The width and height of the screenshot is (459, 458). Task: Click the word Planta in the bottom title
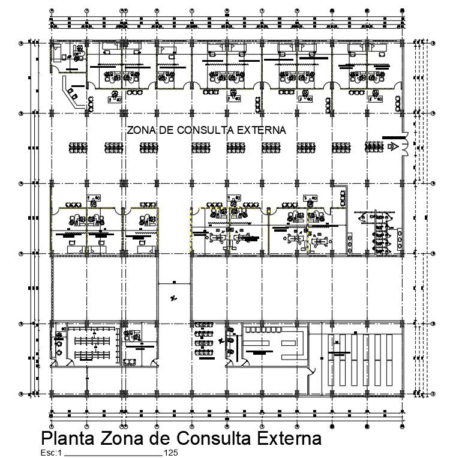click(67, 438)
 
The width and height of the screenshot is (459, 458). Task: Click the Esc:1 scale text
click(51, 453)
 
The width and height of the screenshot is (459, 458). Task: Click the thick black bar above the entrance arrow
click(392, 136)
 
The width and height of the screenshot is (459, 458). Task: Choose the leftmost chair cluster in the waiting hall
click(77, 146)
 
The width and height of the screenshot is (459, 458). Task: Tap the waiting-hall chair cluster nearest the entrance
click(373, 146)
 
